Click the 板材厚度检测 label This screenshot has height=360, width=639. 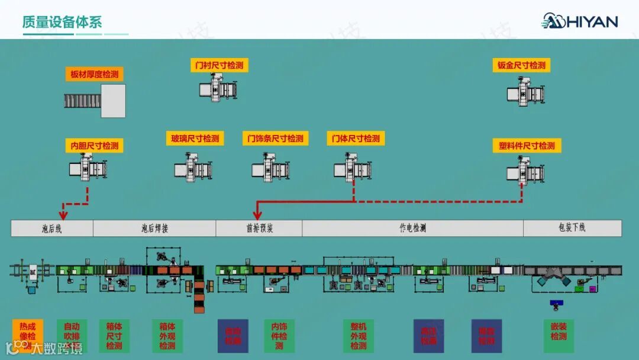tap(94, 74)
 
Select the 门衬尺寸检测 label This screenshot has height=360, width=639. tap(219, 65)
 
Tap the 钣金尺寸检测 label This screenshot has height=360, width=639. tap(521, 65)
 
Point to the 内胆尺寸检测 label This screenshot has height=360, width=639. tap(94, 146)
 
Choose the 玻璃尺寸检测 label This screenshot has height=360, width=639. tap(195, 139)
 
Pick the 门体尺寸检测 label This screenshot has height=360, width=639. tap(356, 139)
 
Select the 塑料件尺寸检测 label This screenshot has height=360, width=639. tap(527, 146)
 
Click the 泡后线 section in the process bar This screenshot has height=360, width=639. tap(51, 228)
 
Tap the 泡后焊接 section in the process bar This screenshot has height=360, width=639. tap(154, 228)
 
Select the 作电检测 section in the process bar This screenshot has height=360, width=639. tap(412, 228)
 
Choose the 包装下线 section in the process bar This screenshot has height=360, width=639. tap(572, 228)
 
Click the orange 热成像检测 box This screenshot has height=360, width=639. tap(27, 336)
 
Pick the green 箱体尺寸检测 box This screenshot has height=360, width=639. tap(114, 336)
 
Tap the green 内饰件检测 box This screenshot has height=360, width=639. tap(279, 336)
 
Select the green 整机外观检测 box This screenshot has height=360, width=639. tap(359, 336)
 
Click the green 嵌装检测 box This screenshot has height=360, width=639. tap(559, 336)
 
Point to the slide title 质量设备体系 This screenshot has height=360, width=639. tap(62, 22)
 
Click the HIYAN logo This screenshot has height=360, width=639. tap(580, 21)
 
